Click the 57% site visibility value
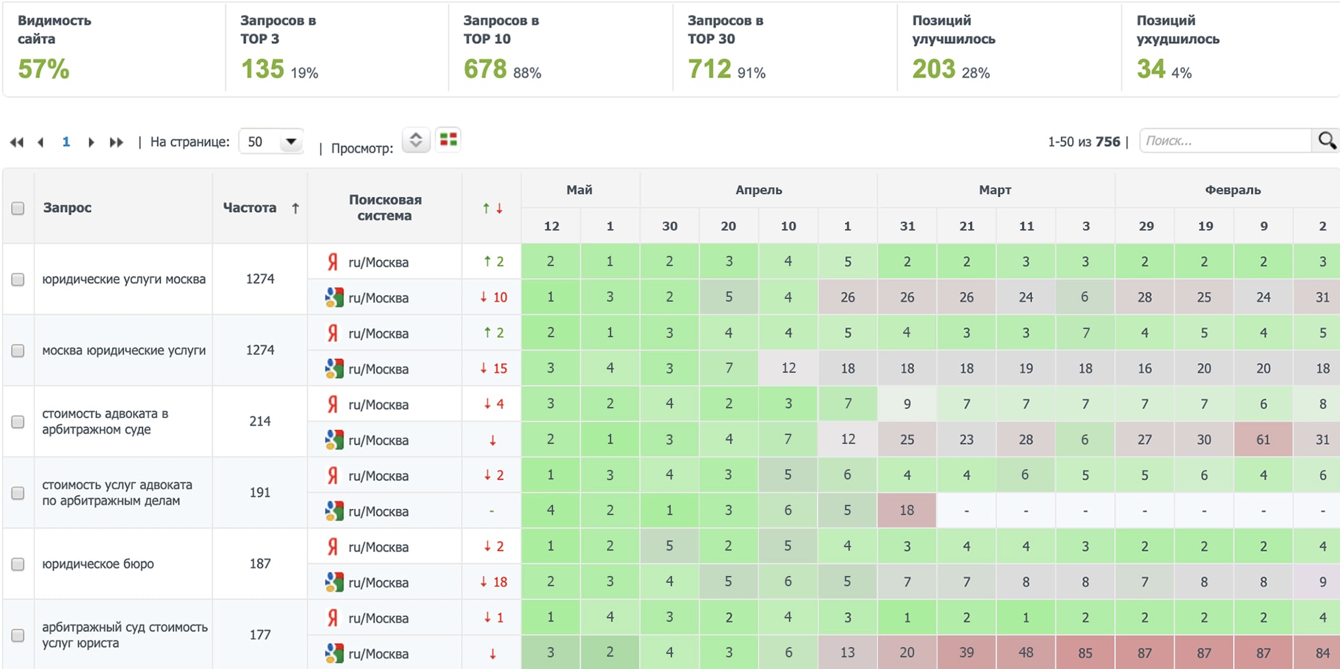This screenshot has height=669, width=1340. (43, 69)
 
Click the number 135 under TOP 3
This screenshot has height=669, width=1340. (262, 69)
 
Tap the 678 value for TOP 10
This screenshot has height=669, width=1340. (485, 69)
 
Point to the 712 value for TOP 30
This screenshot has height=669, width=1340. (709, 69)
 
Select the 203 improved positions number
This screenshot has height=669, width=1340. (933, 69)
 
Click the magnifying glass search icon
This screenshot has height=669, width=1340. (1326, 140)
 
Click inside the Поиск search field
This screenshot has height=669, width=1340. (1224, 141)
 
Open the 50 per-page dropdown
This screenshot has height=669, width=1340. (271, 142)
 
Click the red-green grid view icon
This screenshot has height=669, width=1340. (448, 140)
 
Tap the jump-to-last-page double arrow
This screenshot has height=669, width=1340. (117, 142)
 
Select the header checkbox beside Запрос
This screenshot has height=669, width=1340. (18, 208)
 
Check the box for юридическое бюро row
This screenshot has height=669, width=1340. (18, 564)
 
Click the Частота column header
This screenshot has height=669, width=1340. (250, 208)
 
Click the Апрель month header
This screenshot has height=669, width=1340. (758, 190)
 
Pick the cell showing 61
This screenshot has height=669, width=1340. (1263, 439)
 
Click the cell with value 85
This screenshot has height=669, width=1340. (1085, 653)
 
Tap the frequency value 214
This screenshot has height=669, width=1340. (260, 421)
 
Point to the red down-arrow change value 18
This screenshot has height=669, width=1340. (493, 582)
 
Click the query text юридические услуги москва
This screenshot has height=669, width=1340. (124, 279)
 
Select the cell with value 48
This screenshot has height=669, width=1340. (1026, 653)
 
